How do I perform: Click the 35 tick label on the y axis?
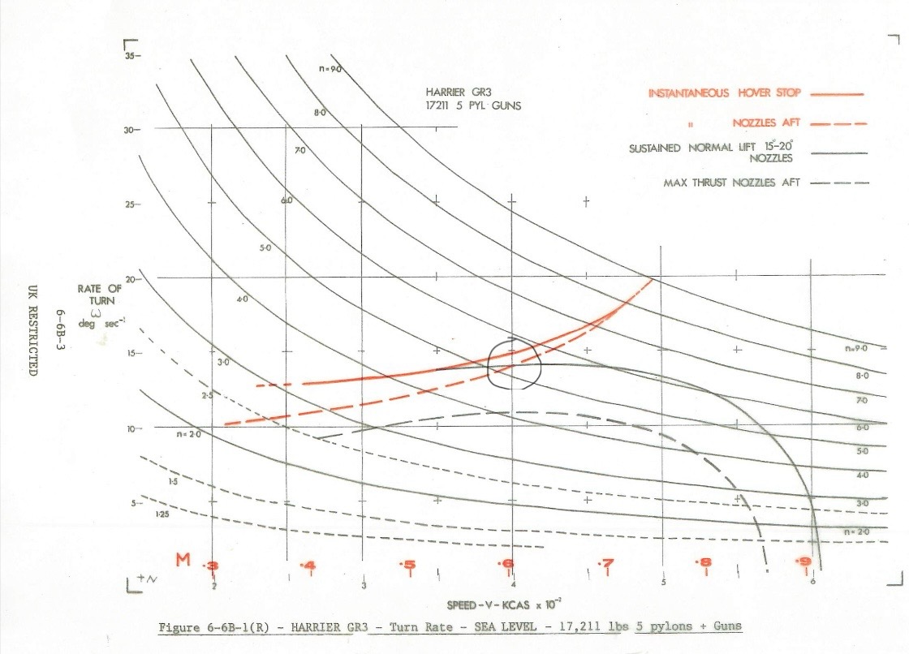(x=129, y=56)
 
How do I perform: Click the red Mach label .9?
(x=804, y=561)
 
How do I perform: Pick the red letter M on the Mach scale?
(x=183, y=560)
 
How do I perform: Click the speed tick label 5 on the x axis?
(x=663, y=583)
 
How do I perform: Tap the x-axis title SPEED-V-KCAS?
(x=496, y=605)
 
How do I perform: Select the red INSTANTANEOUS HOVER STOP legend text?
(x=724, y=93)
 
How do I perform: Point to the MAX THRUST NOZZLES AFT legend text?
(x=731, y=183)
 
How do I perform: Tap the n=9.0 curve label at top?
(x=330, y=69)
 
